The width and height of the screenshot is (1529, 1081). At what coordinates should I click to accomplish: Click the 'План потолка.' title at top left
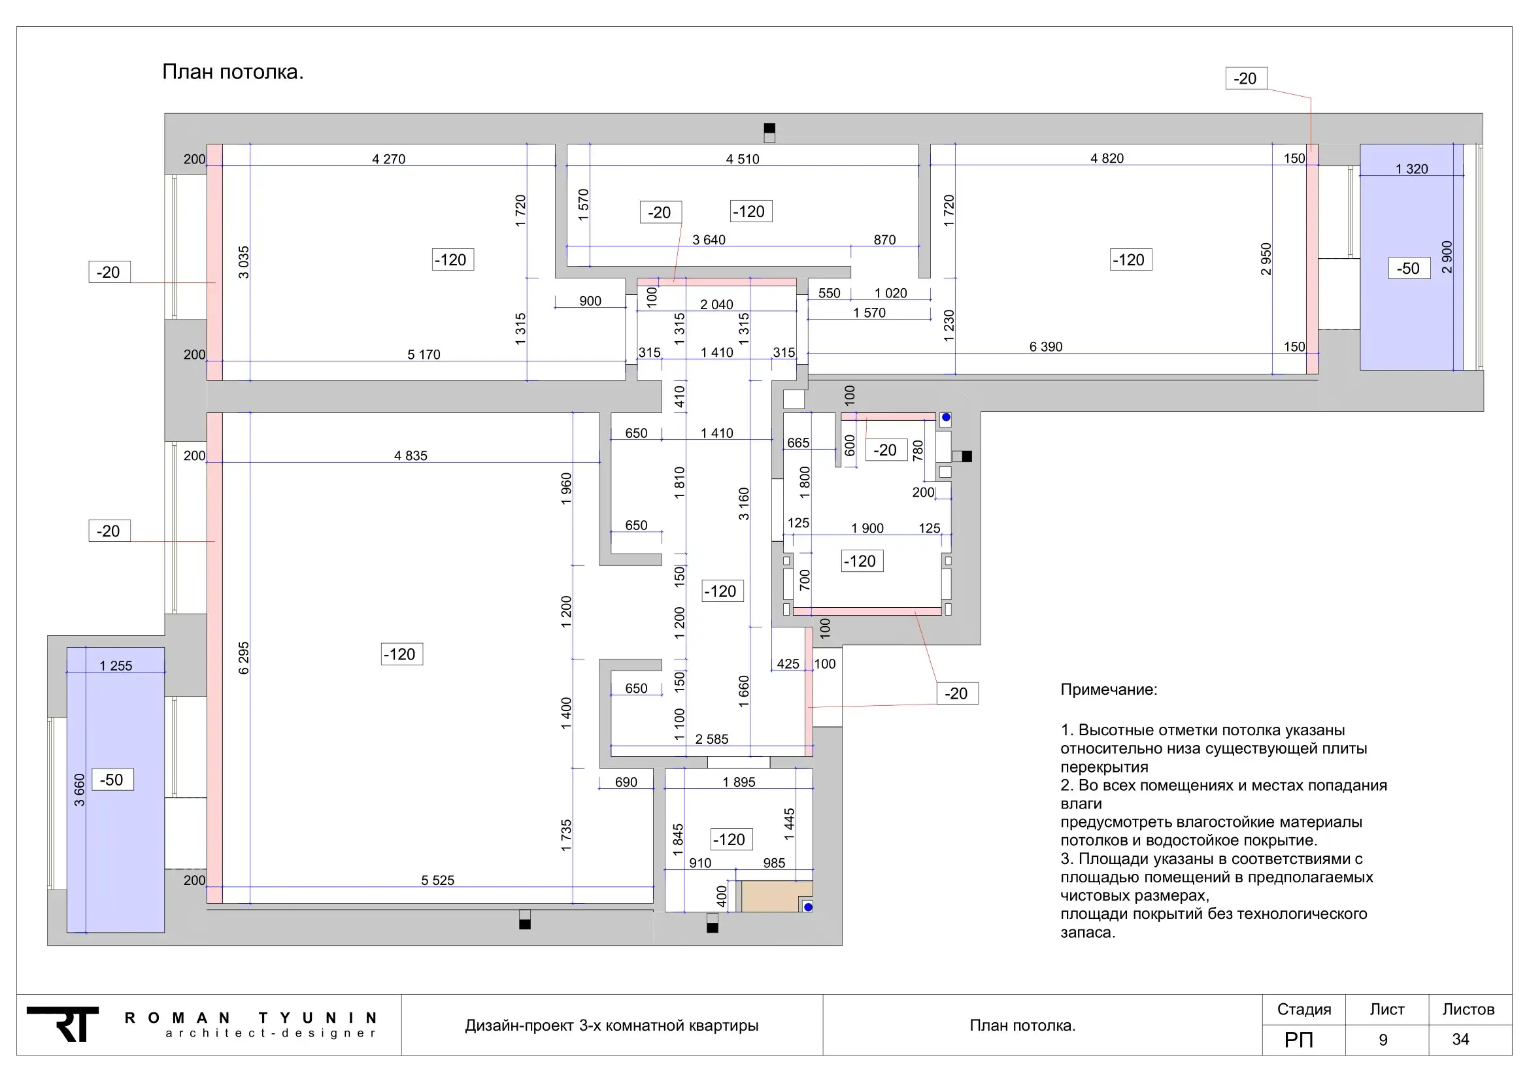233,72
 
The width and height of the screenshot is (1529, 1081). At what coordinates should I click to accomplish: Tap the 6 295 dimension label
244,657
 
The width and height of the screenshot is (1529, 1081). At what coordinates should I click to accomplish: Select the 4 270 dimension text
389,159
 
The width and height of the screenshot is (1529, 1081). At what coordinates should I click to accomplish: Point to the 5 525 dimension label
437,880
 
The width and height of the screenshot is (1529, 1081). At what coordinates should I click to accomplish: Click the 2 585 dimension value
712,739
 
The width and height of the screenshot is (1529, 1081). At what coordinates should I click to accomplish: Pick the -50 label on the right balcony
1409,268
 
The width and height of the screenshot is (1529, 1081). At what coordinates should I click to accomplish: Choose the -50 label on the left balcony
112,780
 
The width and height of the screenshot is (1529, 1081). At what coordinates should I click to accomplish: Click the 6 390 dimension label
1046,347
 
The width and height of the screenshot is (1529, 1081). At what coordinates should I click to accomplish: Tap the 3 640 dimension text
709,240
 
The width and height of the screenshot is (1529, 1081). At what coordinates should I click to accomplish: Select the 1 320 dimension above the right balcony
1412,169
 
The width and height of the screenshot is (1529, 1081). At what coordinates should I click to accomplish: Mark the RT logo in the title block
63,1023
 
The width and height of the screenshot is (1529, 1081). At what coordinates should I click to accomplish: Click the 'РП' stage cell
1299,1040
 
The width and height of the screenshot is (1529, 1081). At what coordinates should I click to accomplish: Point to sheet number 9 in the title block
1383,1040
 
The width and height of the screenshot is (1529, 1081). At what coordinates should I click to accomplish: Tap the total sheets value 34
1460,1039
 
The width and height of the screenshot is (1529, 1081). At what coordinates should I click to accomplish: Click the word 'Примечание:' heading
1109,690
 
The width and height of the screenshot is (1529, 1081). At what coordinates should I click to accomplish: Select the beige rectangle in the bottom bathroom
777,897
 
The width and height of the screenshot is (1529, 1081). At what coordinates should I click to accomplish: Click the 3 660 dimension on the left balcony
79,790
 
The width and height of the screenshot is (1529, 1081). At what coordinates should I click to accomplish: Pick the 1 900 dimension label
867,529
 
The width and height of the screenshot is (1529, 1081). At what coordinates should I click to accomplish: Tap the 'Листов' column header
1468,1010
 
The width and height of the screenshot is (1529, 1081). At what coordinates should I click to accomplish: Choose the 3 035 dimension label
244,262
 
